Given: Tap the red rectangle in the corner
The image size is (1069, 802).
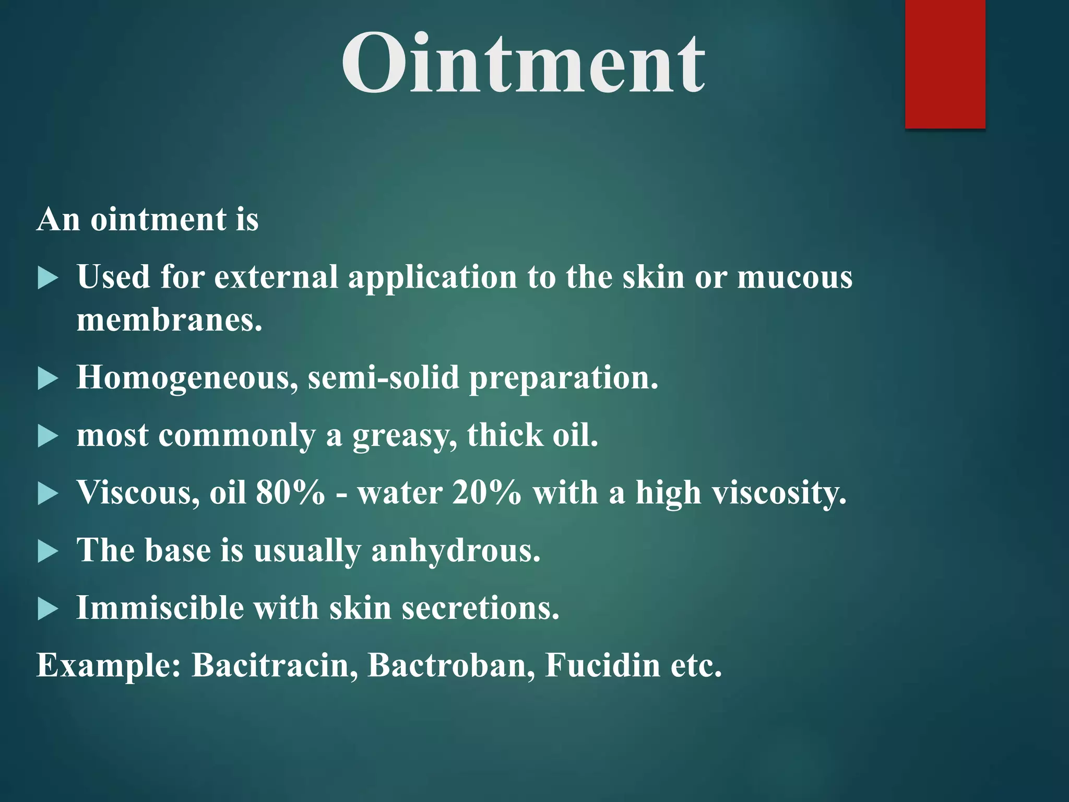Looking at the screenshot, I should (945, 64).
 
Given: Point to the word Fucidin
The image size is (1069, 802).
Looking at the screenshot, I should (602, 665).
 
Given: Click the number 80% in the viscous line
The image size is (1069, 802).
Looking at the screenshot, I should (290, 492).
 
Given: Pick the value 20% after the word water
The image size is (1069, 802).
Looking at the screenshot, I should (486, 492).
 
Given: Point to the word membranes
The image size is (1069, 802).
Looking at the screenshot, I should (169, 320).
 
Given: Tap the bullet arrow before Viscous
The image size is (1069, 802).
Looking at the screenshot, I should (47, 493).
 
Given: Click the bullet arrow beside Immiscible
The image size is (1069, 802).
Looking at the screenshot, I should (47, 609).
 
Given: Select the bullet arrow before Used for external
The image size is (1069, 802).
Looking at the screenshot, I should (47, 278).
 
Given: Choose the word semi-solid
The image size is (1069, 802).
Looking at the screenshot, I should (384, 377).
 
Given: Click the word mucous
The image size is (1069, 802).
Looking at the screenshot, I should (794, 277).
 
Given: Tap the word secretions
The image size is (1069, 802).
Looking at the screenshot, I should (480, 608).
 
